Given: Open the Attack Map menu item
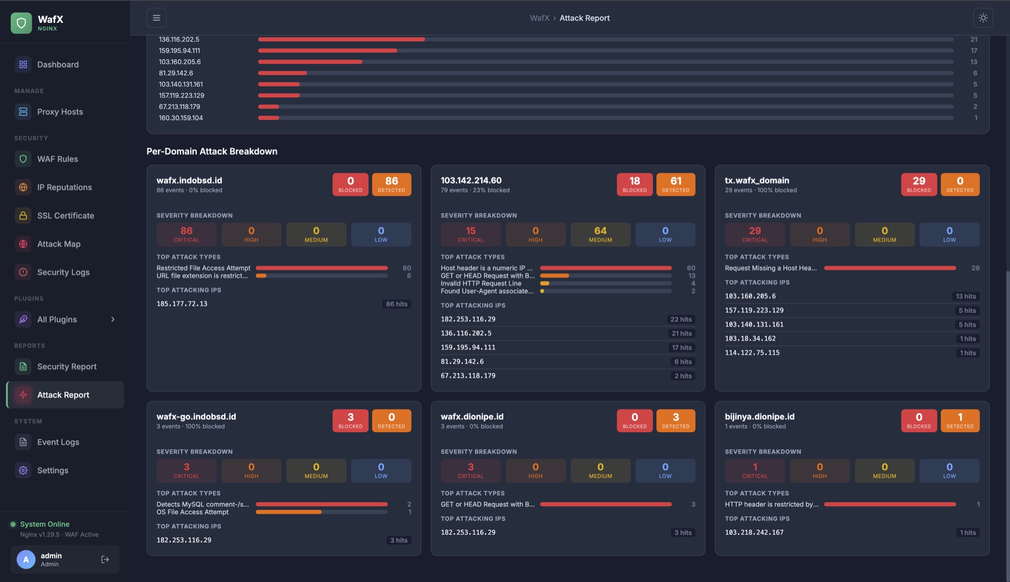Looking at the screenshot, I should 58,244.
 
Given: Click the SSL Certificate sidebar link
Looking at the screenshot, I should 65,216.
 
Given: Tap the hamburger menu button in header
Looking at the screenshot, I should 156,18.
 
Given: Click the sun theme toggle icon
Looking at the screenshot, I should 983,18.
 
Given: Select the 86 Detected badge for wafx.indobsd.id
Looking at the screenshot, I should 391,184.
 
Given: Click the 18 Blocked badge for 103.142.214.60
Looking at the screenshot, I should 634,184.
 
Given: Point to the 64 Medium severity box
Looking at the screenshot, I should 600,234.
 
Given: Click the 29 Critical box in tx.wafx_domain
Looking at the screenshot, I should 754,234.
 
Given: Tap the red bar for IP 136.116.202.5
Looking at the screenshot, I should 341,39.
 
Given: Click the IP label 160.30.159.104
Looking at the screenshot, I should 180,118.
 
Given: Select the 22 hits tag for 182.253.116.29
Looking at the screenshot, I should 681,320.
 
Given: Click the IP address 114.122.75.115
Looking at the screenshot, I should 752,353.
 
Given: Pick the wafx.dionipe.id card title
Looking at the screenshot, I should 472,416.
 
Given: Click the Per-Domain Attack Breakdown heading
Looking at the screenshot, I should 211,151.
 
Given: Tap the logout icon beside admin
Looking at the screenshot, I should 105,559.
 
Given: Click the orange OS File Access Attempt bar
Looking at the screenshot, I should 288,512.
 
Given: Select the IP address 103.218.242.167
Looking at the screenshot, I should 754,533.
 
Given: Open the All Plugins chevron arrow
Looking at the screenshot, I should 113,320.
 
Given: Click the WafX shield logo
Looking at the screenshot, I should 21,23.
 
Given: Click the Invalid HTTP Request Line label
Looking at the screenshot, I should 481,283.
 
